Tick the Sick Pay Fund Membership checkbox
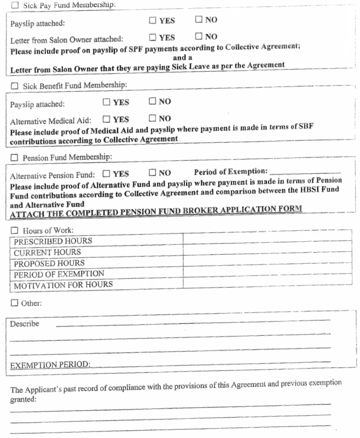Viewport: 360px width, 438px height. (x=15, y=5)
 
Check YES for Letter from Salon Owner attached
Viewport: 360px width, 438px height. (x=153, y=37)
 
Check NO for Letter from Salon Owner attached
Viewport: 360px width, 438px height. (x=199, y=37)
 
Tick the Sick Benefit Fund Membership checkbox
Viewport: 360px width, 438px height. (x=15, y=86)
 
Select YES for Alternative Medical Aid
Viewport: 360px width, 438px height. (x=107, y=119)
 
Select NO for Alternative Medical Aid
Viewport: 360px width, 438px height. (x=153, y=118)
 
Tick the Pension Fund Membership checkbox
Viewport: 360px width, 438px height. (x=15, y=157)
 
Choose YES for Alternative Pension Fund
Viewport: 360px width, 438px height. (x=107, y=174)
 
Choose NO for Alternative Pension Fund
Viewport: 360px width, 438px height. (x=153, y=173)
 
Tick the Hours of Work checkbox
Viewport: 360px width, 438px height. (x=15, y=230)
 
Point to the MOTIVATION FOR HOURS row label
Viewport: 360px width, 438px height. (x=63, y=284)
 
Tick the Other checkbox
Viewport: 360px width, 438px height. (x=14, y=302)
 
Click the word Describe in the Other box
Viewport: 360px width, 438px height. (x=25, y=324)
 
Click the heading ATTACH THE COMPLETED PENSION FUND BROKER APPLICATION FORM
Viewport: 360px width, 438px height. (x=156, y=209)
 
